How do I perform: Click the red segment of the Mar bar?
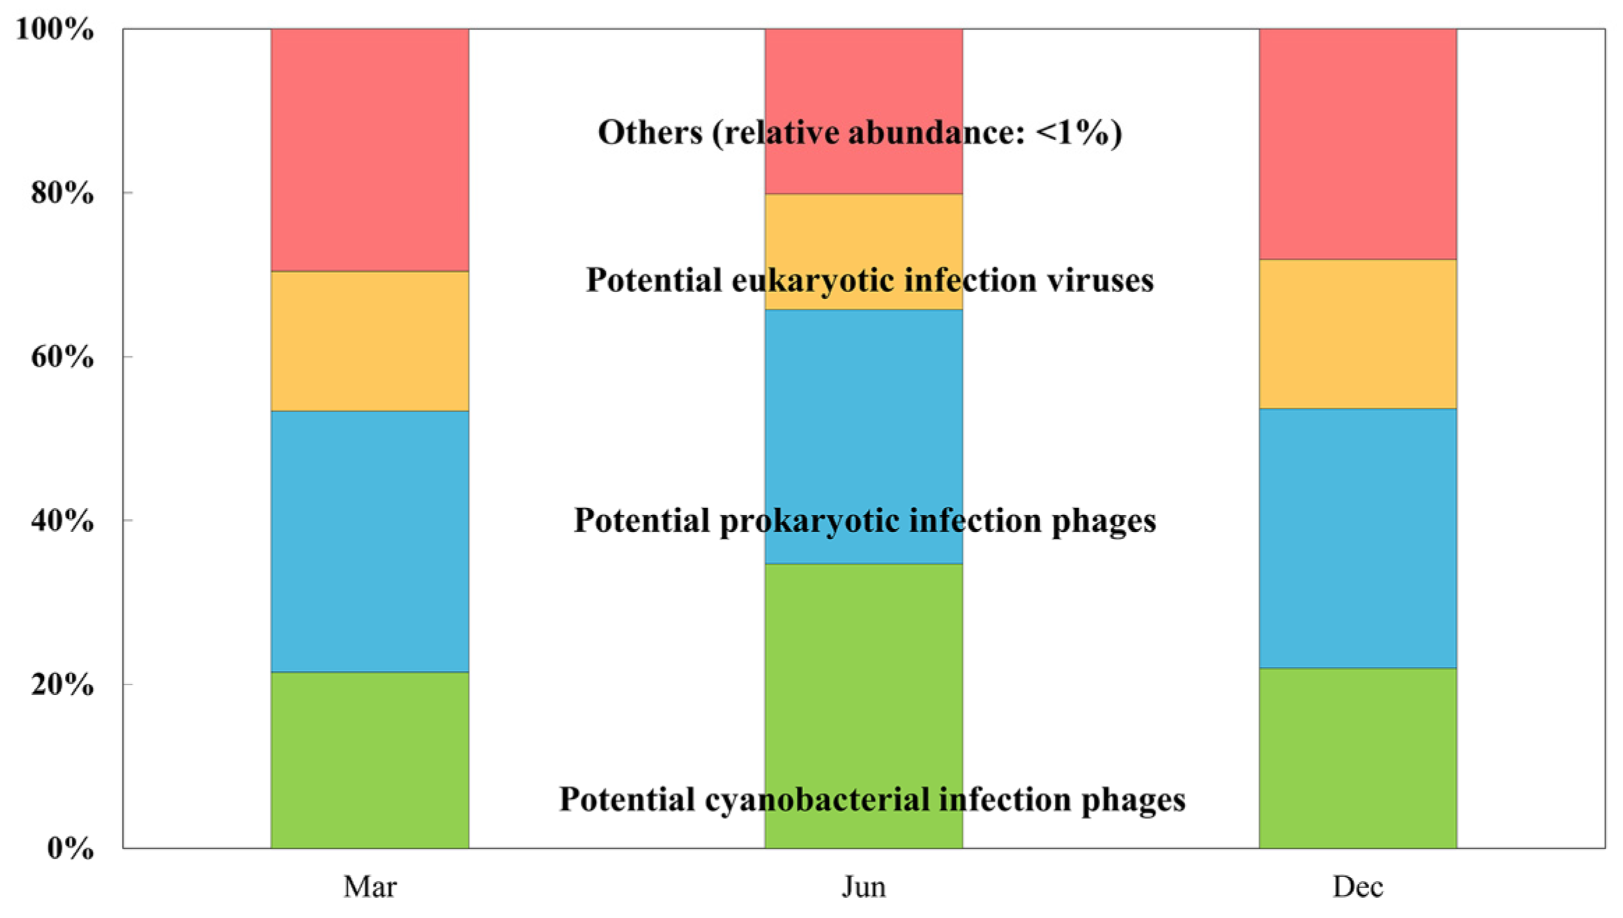click(369, 150)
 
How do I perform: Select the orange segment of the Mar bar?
click(369, 341)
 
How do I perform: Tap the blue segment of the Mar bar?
click(369, 541)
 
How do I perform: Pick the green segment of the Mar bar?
click(369, 760)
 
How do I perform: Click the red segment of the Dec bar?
click(1357, 144)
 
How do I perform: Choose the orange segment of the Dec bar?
click(1357, 334)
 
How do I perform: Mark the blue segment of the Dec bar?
click(1357, 538)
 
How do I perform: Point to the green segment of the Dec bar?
click(1357, 758)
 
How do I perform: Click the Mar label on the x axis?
click(369, 887)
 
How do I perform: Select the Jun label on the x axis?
click(864, 887)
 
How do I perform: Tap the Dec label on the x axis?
click(1357, 887)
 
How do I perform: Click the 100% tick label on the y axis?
click(54, 29)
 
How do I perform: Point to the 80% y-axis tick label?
click(62, 193)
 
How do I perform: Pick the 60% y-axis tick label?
click(62, 357)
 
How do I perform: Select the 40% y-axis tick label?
click(62, 521)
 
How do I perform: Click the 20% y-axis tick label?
click(62, 684)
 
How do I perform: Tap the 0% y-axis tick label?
click(70, 848)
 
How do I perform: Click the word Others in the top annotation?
click(650, 132)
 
